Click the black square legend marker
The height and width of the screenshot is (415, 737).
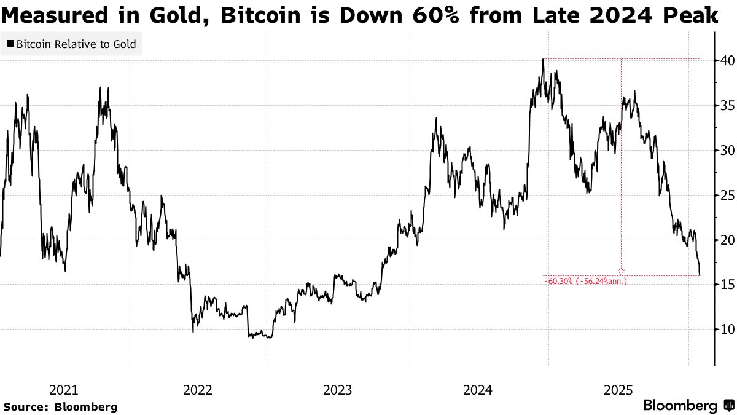(10, 44)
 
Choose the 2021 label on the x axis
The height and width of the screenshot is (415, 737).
(63, 390)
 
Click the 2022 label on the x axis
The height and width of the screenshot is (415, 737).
(198, 390)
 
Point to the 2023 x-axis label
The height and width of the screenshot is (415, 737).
(337, 390)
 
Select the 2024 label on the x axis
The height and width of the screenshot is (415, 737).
(478, 390)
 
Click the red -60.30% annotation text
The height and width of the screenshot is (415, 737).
(586, 281)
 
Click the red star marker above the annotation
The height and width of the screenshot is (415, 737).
(621, 271)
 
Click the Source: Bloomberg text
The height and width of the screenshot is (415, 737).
(60, 406)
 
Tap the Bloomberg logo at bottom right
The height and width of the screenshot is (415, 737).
(688, 406)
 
